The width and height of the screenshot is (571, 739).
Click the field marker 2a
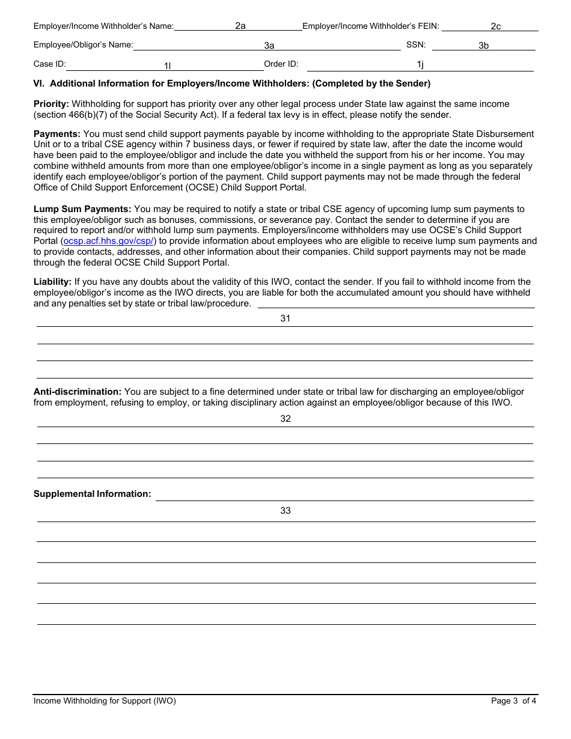[240, 26]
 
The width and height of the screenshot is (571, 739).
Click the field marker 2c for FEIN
[495, 26]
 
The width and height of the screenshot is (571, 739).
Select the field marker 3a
[269, 45]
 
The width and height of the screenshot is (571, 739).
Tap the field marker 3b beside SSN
[483, 45]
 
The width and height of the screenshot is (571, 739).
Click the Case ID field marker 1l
[168, 65]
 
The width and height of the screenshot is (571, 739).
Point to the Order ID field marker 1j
[420, 64]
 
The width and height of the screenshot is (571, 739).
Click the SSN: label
[415, 45]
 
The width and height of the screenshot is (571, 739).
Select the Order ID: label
[281, 64]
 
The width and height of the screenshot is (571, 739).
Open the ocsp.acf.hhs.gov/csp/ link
[109, 241]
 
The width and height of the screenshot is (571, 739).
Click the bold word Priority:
[51, 104]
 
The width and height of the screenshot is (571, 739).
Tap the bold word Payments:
[56, 134]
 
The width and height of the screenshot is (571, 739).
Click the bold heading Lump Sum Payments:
[82, 209]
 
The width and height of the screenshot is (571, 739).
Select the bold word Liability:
[52, 282]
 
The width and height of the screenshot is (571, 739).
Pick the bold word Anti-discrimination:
[77, 392]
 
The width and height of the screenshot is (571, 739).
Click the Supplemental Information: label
[92, 494]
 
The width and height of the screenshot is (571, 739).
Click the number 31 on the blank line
[285, 318]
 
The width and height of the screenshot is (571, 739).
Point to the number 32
[285, 419]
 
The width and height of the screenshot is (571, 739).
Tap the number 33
[285, 511]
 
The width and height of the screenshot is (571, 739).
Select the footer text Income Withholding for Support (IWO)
[105, 701]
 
